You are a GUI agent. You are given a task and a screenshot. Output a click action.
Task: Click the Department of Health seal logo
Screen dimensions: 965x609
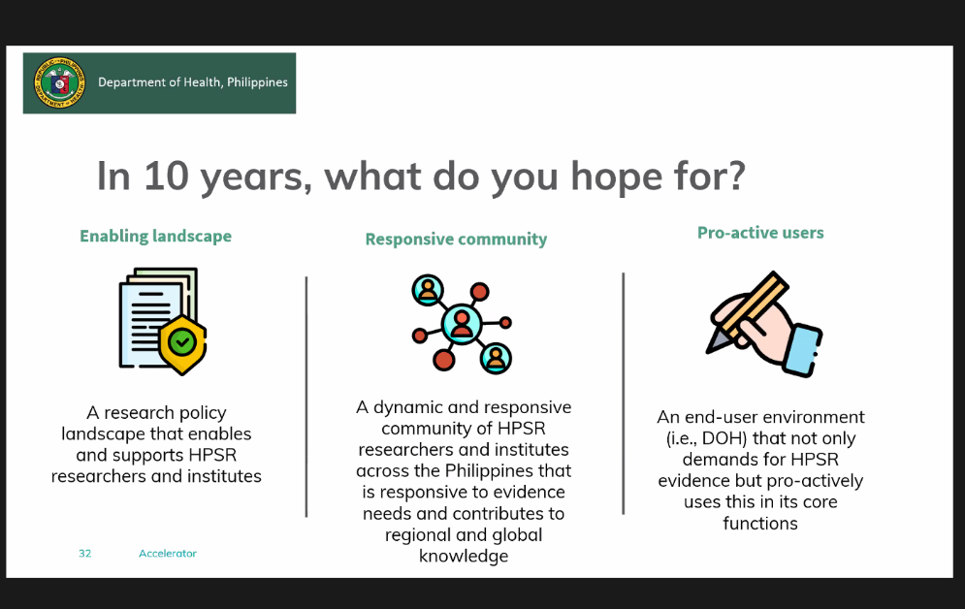pyautogui.click(x=59, y=82)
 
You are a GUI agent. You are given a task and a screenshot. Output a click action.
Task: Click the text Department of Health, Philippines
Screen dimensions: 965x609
pyautogui.click(x=193, y=82)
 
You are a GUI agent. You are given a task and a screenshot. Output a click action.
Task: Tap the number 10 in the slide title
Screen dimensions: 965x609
pyautogui.click(x=166, y=176)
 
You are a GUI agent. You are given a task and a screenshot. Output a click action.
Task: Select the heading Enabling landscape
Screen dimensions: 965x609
pyautogui.click(x=156, y=237)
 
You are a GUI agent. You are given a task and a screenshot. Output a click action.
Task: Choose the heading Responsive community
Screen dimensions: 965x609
pyautogui.click(x=456, y=239)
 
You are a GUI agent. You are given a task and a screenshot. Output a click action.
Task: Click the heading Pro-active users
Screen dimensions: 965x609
pyautogui.click(x=760, y=233)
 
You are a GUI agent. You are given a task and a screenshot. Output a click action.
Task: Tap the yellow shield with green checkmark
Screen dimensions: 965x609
pyautogui.click(x=182, y=344)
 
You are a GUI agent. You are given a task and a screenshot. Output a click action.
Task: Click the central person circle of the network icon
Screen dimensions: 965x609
pyautogui.click(x=462, y=324)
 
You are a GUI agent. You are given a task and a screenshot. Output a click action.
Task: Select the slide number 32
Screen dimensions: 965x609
pyautogui.click(x=85, y=554)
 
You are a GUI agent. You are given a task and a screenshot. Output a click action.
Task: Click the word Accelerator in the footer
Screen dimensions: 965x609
pyautogui.click(x=168, y=554)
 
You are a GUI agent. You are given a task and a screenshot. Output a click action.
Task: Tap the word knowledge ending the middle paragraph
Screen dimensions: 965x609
pyautogui.click(x=464, y=556)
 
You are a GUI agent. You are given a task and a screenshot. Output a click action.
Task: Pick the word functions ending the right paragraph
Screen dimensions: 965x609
pyautogui.click(x=760, y=524)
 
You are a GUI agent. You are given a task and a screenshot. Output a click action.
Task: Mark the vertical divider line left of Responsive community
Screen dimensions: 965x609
pyautogui.click(x=306, y=397)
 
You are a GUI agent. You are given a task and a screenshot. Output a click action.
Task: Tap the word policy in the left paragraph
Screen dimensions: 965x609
pyautogui.click(x=203, y=413)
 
